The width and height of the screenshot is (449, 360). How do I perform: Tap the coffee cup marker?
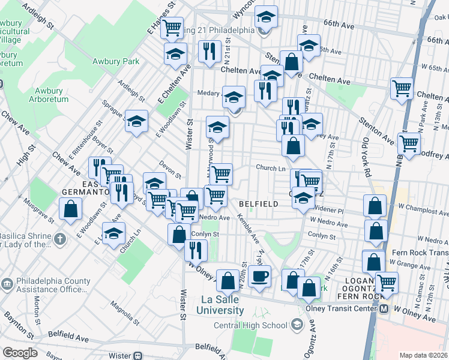pos(259,277)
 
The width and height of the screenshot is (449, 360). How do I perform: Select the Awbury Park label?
pos(116,61)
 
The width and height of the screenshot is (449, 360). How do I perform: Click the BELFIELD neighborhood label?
pos(258,204)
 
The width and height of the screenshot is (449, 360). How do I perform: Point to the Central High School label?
pos(251,326)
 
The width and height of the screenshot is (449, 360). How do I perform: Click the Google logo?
pos(20,353)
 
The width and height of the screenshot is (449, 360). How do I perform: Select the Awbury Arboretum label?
pos(47,95)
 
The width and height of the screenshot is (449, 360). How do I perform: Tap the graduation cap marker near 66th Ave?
pos(266,16)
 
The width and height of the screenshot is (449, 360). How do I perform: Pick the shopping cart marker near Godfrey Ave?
pos(409,144)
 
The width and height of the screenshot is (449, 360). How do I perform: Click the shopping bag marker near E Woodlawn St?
pos(71,209)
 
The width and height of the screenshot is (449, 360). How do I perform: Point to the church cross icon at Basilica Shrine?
pos(59,239)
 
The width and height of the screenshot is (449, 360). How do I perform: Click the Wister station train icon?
pos(138,355)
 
